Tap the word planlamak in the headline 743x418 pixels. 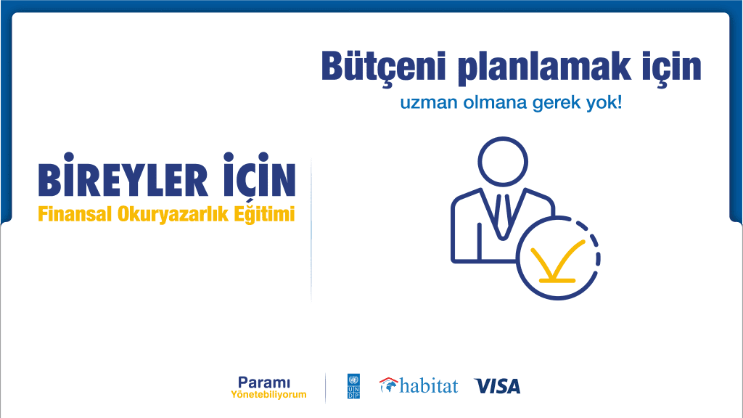(x=544, y=67)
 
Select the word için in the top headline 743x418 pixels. (x=671, y=67)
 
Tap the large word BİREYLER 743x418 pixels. (x=123, y=175)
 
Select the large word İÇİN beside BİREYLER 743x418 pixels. (x=259, y=175)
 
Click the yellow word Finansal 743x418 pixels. (x=75, y=214)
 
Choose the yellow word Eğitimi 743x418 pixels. (x=264, y=214)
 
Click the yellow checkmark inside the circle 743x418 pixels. (x=558, y=262)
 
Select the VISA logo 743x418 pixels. (x=497, y=386)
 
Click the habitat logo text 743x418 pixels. (x=428, y=386)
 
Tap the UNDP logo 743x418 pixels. (x=353, y=386)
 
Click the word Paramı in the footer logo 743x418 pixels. (x=264, y=382)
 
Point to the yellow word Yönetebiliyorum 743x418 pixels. (x=268, y=394)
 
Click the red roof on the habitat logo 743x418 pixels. (x=389, y=380)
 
